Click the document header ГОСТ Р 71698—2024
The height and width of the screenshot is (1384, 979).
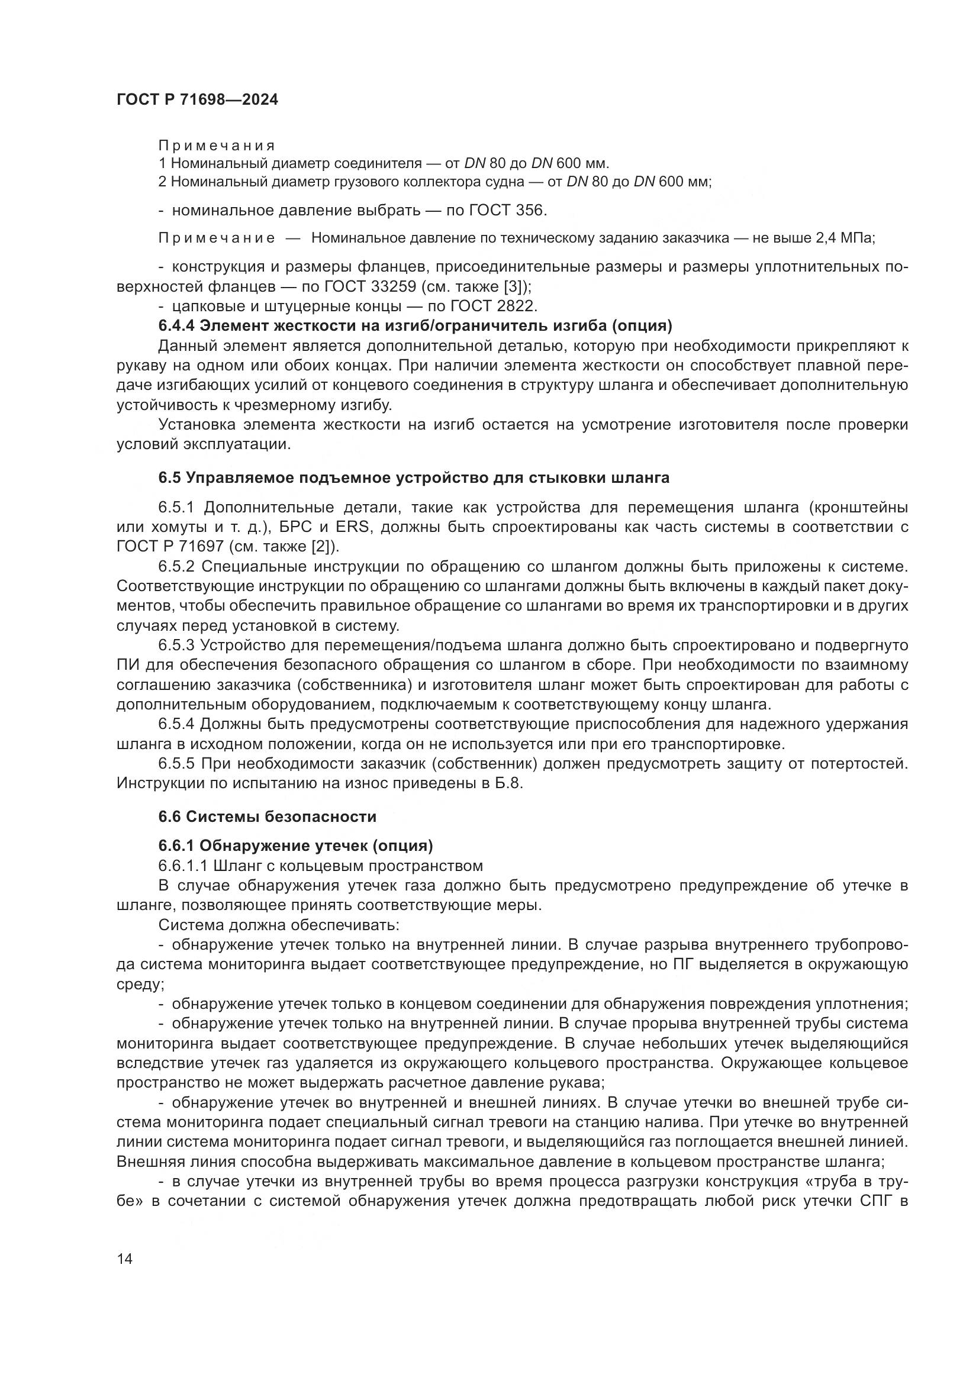pos(197,100)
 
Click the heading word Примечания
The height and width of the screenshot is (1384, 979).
pos(217,146)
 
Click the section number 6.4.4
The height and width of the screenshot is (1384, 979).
pos(176,326)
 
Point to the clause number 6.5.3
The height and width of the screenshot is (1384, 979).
pos(176,646)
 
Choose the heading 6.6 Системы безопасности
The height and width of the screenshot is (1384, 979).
pos(268,817)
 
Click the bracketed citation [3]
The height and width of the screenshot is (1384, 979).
pos(512,286)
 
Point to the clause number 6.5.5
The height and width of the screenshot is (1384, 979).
pos(176,764)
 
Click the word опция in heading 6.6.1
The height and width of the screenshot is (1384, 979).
pos(403,846)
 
